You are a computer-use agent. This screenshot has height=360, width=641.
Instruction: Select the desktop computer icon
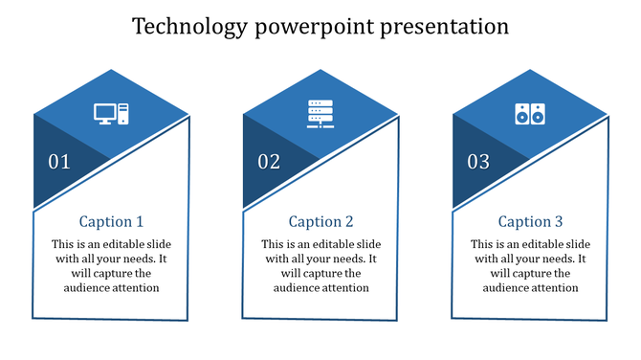[110, 114]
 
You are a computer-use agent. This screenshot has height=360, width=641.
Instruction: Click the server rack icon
[319, 114]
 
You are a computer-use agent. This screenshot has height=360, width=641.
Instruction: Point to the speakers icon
[529, 114]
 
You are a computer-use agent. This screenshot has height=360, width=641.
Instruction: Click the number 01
[59, 162]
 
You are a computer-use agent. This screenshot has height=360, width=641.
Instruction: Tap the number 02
[269, 162]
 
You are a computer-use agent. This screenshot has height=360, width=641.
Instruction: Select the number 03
[478, 162]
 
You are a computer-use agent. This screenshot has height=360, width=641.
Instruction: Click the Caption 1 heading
[111, 222]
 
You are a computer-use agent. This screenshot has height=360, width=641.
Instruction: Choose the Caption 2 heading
[320, 222]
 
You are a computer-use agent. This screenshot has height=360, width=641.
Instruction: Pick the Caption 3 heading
[530, 222]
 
